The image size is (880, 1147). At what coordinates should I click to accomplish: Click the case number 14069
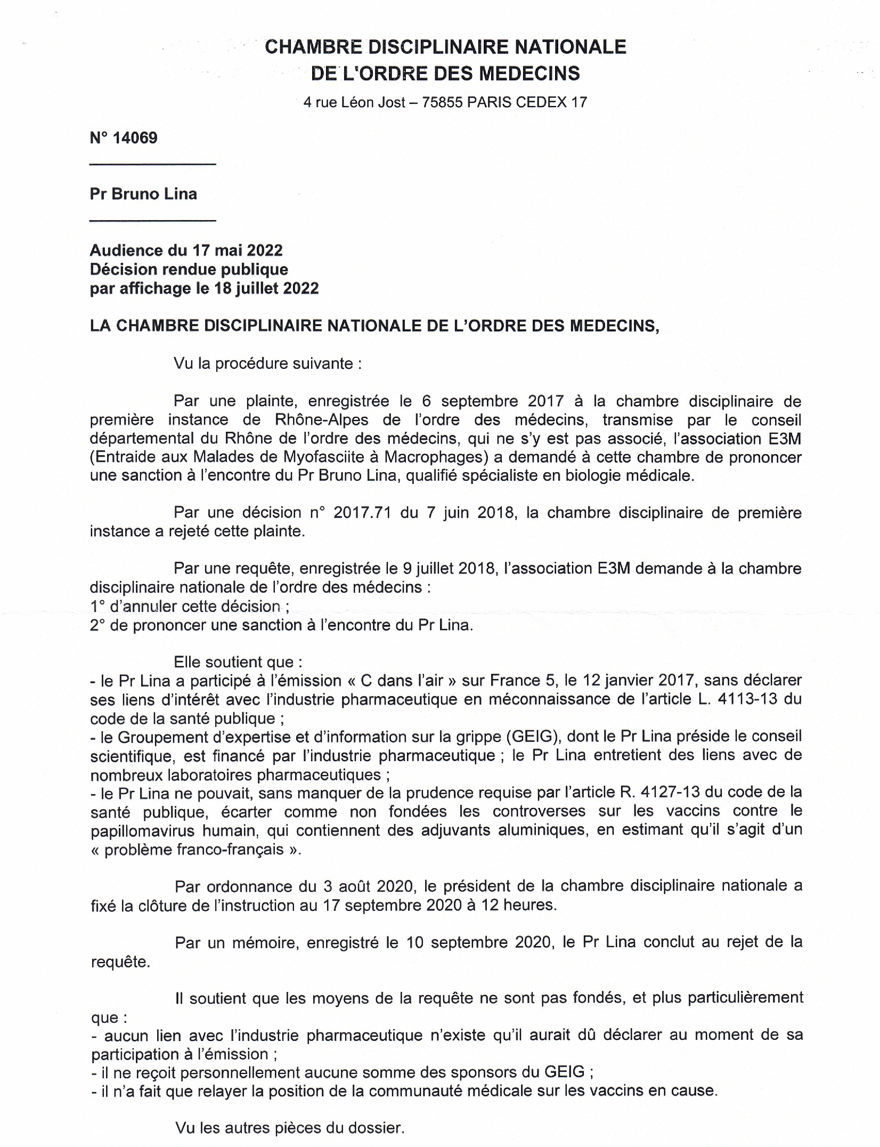tap(135, 138)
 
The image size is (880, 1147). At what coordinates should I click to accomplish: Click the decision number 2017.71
tap(362, 513)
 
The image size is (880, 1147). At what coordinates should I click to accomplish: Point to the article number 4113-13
tap(747, 699)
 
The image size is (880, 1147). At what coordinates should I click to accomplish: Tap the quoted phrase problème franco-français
tap(194, 849)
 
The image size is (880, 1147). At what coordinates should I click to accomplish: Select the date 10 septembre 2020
tap(478, 942)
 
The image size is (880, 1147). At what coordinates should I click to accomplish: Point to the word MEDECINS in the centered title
tap(529, 73)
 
